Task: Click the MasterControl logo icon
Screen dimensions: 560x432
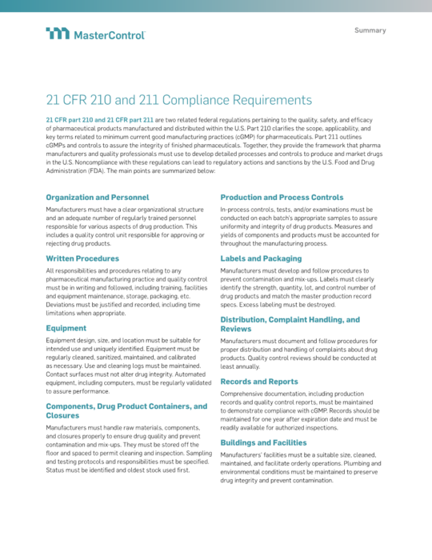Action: pos(58,34)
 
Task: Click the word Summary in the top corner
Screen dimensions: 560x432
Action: pos(370,30)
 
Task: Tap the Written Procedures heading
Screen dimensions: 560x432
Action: pos(82,258)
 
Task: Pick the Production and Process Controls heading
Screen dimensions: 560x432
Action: pos(282,197)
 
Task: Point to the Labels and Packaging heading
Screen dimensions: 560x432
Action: pos(261,258)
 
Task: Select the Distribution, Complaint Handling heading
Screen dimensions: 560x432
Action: pos(290,319)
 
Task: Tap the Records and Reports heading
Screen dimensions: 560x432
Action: pos(260,382)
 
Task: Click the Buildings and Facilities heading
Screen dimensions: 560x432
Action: pos(265,442)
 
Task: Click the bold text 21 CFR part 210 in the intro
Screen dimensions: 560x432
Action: pos(74,118)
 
